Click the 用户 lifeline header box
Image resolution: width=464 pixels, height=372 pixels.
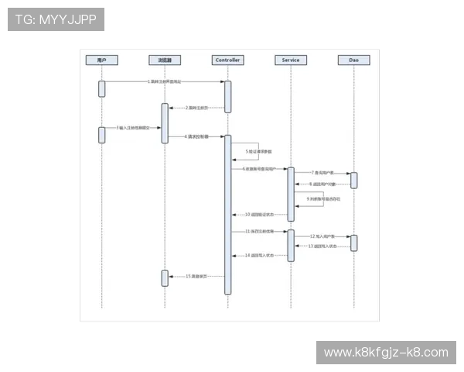click(x=101, y=60)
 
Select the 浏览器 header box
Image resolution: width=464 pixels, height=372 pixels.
click(x=164, y=60)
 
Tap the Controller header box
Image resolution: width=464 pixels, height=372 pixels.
click(x=227, y=60)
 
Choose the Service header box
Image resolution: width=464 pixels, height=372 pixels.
click(x=291, y=60)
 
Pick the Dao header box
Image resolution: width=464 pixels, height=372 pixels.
click(x=353, y=60)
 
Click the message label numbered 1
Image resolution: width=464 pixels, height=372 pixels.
click(x=165, y=81)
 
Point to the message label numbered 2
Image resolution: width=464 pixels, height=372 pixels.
click(x=197, y=108)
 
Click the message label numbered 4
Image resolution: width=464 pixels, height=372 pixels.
click(x=196, y=136)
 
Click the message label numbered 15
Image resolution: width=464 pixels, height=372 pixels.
click(x=197, y=276)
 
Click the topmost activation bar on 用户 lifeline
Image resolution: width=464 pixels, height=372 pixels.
click(x=101, y=88)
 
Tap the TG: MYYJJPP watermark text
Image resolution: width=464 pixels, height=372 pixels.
click(x=56, y=19)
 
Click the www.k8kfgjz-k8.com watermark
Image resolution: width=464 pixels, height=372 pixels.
click(x=386, y=353)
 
